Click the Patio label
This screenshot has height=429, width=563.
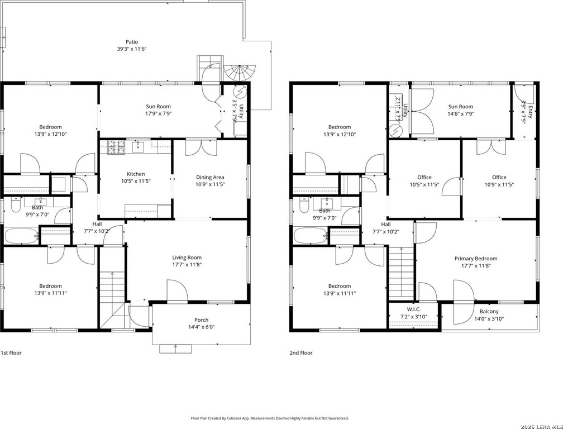tap(132, 42)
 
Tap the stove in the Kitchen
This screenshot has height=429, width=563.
tap(116, 147)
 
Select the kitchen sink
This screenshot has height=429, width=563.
tap(138, 146)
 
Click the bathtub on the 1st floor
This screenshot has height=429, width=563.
tap(21, 236)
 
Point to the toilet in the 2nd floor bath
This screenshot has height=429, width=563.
tap(304, 206)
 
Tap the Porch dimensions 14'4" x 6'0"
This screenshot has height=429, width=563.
tap(202, 327)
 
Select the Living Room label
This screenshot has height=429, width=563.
tap(187, 258)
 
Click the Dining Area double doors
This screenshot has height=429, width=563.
tap(202, 147)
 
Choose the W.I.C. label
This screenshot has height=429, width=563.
tap(414, 309)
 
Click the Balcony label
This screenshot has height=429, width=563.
tap(489, 312)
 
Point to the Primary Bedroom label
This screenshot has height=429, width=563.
tap(476, 259)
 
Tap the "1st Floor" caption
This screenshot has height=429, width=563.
tap(11, 353)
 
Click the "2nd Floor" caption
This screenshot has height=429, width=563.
tap(301, 353)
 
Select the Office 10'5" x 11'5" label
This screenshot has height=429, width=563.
tap(424, 181)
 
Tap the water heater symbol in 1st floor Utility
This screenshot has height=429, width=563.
tap(241, 92)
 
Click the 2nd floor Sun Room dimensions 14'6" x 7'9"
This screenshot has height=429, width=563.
tap(461, 114)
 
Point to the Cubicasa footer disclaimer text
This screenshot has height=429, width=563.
tap(269, 418)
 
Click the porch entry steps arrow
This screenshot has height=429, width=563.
tap(175, 346)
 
